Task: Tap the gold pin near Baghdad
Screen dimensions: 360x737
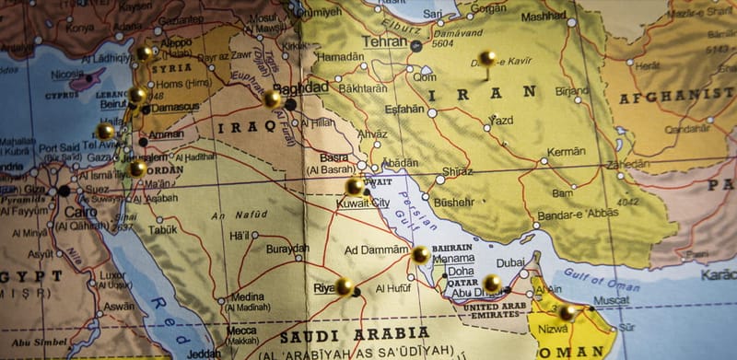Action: tap(273, 98)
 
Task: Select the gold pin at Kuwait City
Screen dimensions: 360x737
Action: tap(355, 186)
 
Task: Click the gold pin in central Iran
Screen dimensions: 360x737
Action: tap(487, 58)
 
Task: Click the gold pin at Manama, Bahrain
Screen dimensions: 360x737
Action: tap(420, 254)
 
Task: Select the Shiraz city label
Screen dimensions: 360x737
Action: tap(457, 171)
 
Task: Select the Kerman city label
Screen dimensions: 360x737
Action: tap(566, 151)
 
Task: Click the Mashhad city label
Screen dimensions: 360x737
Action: tap(544, 17)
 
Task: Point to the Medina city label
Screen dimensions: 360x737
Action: tap(247, 296)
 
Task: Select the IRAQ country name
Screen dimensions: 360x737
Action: tap(245, 125)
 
